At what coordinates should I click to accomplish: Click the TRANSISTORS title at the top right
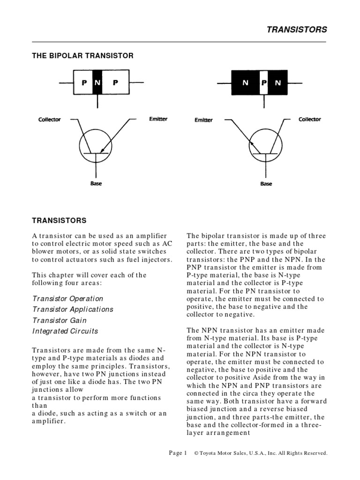(x=297, y=30)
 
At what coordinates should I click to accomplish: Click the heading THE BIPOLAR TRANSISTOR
(x=82, y=56)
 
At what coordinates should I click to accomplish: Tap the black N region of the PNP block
(x=97, y=82)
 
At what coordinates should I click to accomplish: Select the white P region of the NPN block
(x=264, y=83)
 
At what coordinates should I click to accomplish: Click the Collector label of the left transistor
(x=50, y=120)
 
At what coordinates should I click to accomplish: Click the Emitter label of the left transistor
(x=158, y=119)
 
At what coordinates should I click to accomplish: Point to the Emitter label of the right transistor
(x=203, y=120)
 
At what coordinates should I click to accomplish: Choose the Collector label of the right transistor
(x=310, y=120)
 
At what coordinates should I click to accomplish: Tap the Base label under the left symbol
(x=96, y=183)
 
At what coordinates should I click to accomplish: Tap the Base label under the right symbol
(x=266, y=184)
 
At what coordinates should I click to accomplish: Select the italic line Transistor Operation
(x=67, y=299)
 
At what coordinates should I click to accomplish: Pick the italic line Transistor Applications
(x=73, y=309)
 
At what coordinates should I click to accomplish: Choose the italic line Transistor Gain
(x=60, y=321)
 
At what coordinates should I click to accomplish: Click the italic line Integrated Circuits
(x=65, y=331)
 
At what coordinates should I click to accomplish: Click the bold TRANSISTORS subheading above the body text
(x=59, y=220)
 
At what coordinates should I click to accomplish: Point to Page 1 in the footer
(x=178, y=453)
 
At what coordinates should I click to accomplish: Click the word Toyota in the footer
(x=210, y=453)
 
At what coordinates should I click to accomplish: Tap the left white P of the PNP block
(x=84, y=82)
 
